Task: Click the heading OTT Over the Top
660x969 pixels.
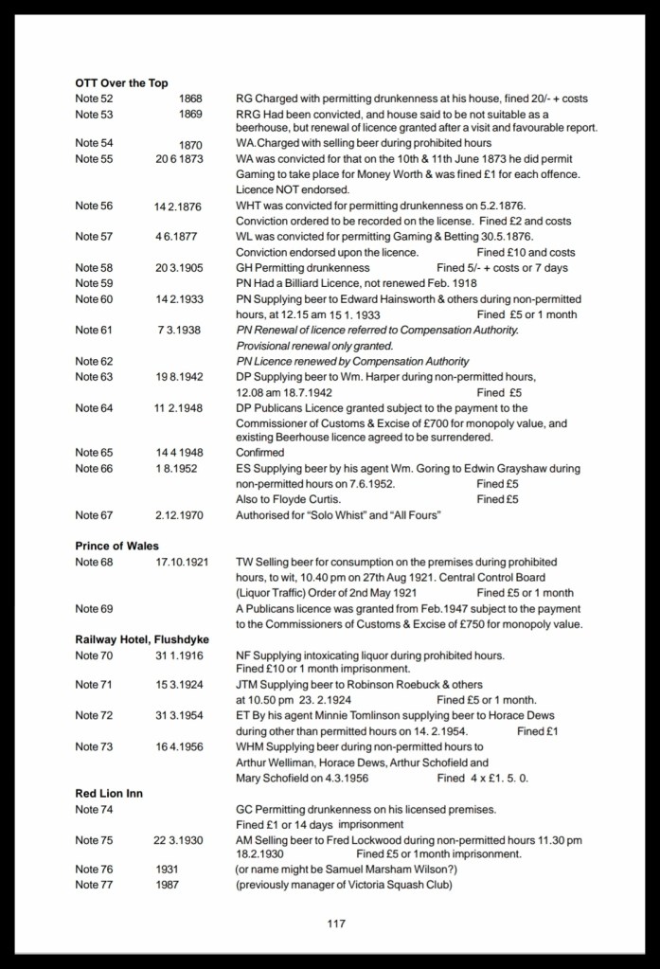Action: (x=121, y=83)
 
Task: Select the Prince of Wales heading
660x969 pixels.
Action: (x=116, y=547)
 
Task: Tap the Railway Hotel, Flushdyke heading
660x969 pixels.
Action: (x=142, y=639)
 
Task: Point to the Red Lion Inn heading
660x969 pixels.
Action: (x=109, y=793)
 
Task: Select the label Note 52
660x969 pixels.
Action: (x=94, y=99)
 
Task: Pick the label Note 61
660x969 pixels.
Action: (x=94, y=330)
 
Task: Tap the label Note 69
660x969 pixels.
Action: (x=94, y=608)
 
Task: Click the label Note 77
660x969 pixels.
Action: (x=94, y=886)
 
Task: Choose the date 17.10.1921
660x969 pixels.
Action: (x=180, y=562)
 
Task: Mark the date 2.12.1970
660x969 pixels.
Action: (x=179, y=515)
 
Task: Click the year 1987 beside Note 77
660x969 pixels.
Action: (x=167, y=886)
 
